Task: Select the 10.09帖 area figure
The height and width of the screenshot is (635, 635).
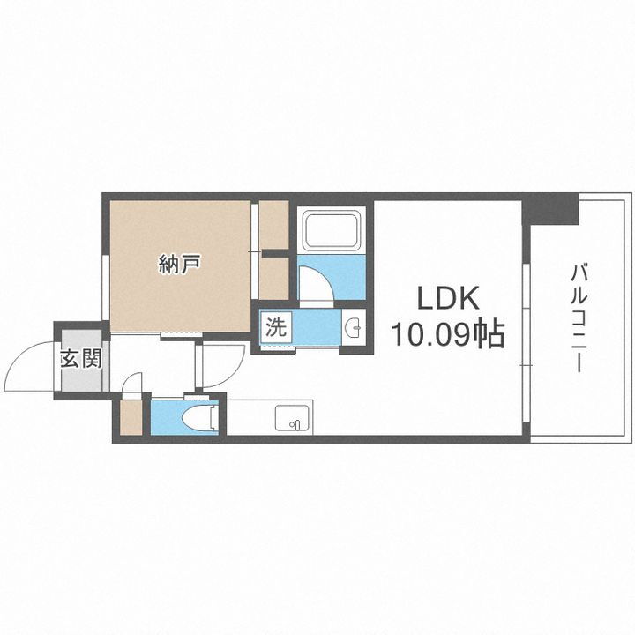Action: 447,334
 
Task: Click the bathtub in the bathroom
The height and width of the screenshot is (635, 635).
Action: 330,231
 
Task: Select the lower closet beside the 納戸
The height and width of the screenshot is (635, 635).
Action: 274,278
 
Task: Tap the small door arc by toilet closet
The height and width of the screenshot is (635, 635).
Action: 132,384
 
